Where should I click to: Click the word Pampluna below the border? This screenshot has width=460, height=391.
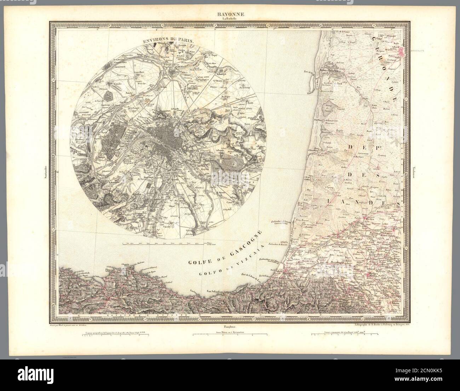(230, 323)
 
